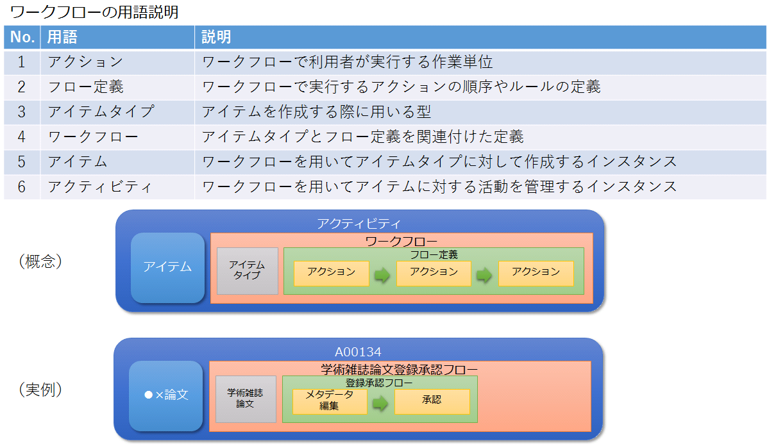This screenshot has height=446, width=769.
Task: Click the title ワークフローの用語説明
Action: pyautogui.click(x=94, y=12)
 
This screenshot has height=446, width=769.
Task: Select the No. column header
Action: pyautogui.click(x=22, y=37)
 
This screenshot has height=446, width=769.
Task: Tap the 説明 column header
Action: pyautogui.click(x=216, y=37)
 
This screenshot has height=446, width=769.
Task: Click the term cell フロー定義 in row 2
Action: pyautogui.click(x=85, y=87)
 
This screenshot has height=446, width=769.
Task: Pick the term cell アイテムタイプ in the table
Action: pyautogui.click(x=101, y=111)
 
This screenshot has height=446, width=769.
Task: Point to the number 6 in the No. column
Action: pyautogui.click(x=22, y=187)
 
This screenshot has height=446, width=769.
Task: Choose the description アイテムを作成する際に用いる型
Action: pyautogui.click(x=316, y=111)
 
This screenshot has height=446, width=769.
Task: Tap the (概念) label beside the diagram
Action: pyautogui.click(x=40, y=262)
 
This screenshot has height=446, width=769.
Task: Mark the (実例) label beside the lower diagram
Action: pyautogui.click(x=40, y=390)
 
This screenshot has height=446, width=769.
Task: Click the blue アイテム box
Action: pyautogui.click(x=167, y=267)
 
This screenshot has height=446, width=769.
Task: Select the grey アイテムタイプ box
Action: pyautogui.click(x=247, y=270)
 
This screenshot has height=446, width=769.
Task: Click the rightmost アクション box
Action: pyautogui.click(x=536, y=272)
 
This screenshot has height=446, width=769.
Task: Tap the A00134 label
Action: pyautogui.click(x=358, y=352)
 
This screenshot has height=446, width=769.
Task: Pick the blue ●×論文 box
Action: pyautogui.click(x=166, y=395)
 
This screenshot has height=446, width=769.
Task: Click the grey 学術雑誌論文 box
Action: pyautogui.click(x=246, y=399)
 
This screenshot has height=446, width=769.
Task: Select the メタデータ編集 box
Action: pyautogui.click(x=330, y=401)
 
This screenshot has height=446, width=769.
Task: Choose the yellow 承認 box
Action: pyautogui.click(x=432, y=401)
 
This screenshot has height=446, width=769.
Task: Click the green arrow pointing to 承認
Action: pyautogui.click(x=381, y=403)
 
